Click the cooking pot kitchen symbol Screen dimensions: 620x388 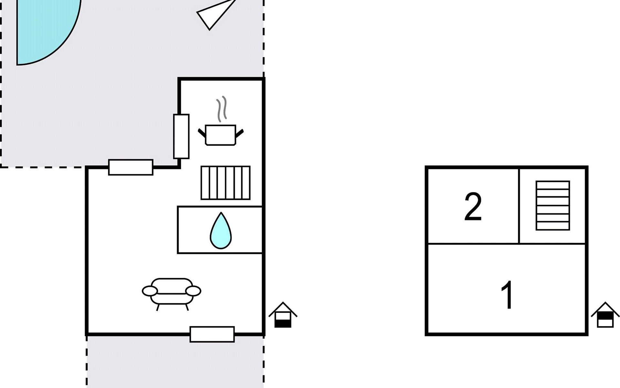pos(221,135)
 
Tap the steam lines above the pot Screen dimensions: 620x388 pos(222,109)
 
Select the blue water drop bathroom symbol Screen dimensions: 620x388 pos(221,231)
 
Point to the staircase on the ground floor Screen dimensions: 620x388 pos(225,183)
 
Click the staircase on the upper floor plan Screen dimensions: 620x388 pos(553,206)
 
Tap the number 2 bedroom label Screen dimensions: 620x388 pos(473,207)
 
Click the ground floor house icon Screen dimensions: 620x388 pos(283,315)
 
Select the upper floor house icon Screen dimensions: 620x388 pos(605,315)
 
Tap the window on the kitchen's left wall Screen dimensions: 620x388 pos(181,136)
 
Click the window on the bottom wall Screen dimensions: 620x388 pos(212,334)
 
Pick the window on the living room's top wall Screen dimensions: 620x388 pos(131,167)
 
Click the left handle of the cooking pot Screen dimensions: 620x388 pos(202,133)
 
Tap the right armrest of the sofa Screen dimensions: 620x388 pos(193,291)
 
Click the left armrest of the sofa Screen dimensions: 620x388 pos(150,291)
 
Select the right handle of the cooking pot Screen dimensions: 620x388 pos(240,133)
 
